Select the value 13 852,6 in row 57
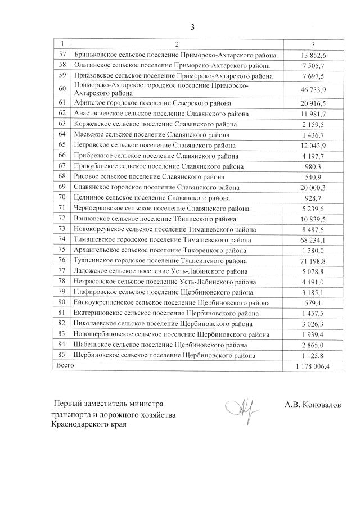(x=314, y=55)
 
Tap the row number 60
(x=62, y=89)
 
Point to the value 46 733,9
(x=314, y=89)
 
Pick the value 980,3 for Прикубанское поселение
(x=314, y=166)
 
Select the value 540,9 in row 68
(x=314, y=176)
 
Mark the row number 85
(x=62, y=355)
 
